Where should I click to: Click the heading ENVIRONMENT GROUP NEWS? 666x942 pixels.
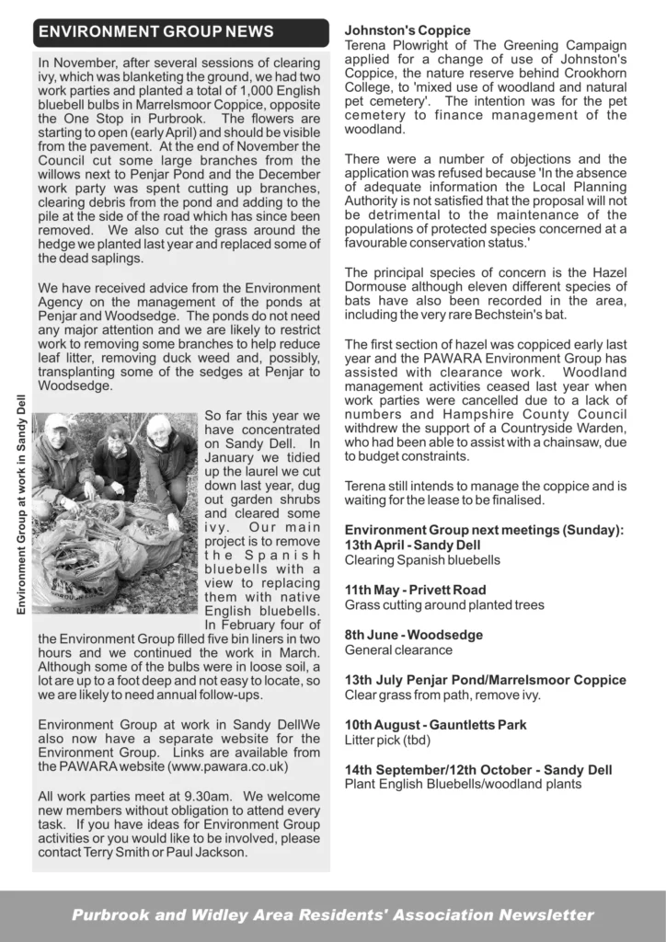coord(155,32)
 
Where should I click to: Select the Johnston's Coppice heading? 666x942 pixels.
coord(407,30)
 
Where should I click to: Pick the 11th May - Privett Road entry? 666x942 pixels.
coord(415,590)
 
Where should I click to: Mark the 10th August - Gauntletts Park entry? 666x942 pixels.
coord(435,725)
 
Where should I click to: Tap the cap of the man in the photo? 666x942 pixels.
coord(57,421)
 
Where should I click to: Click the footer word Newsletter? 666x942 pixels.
coord(546,914)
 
